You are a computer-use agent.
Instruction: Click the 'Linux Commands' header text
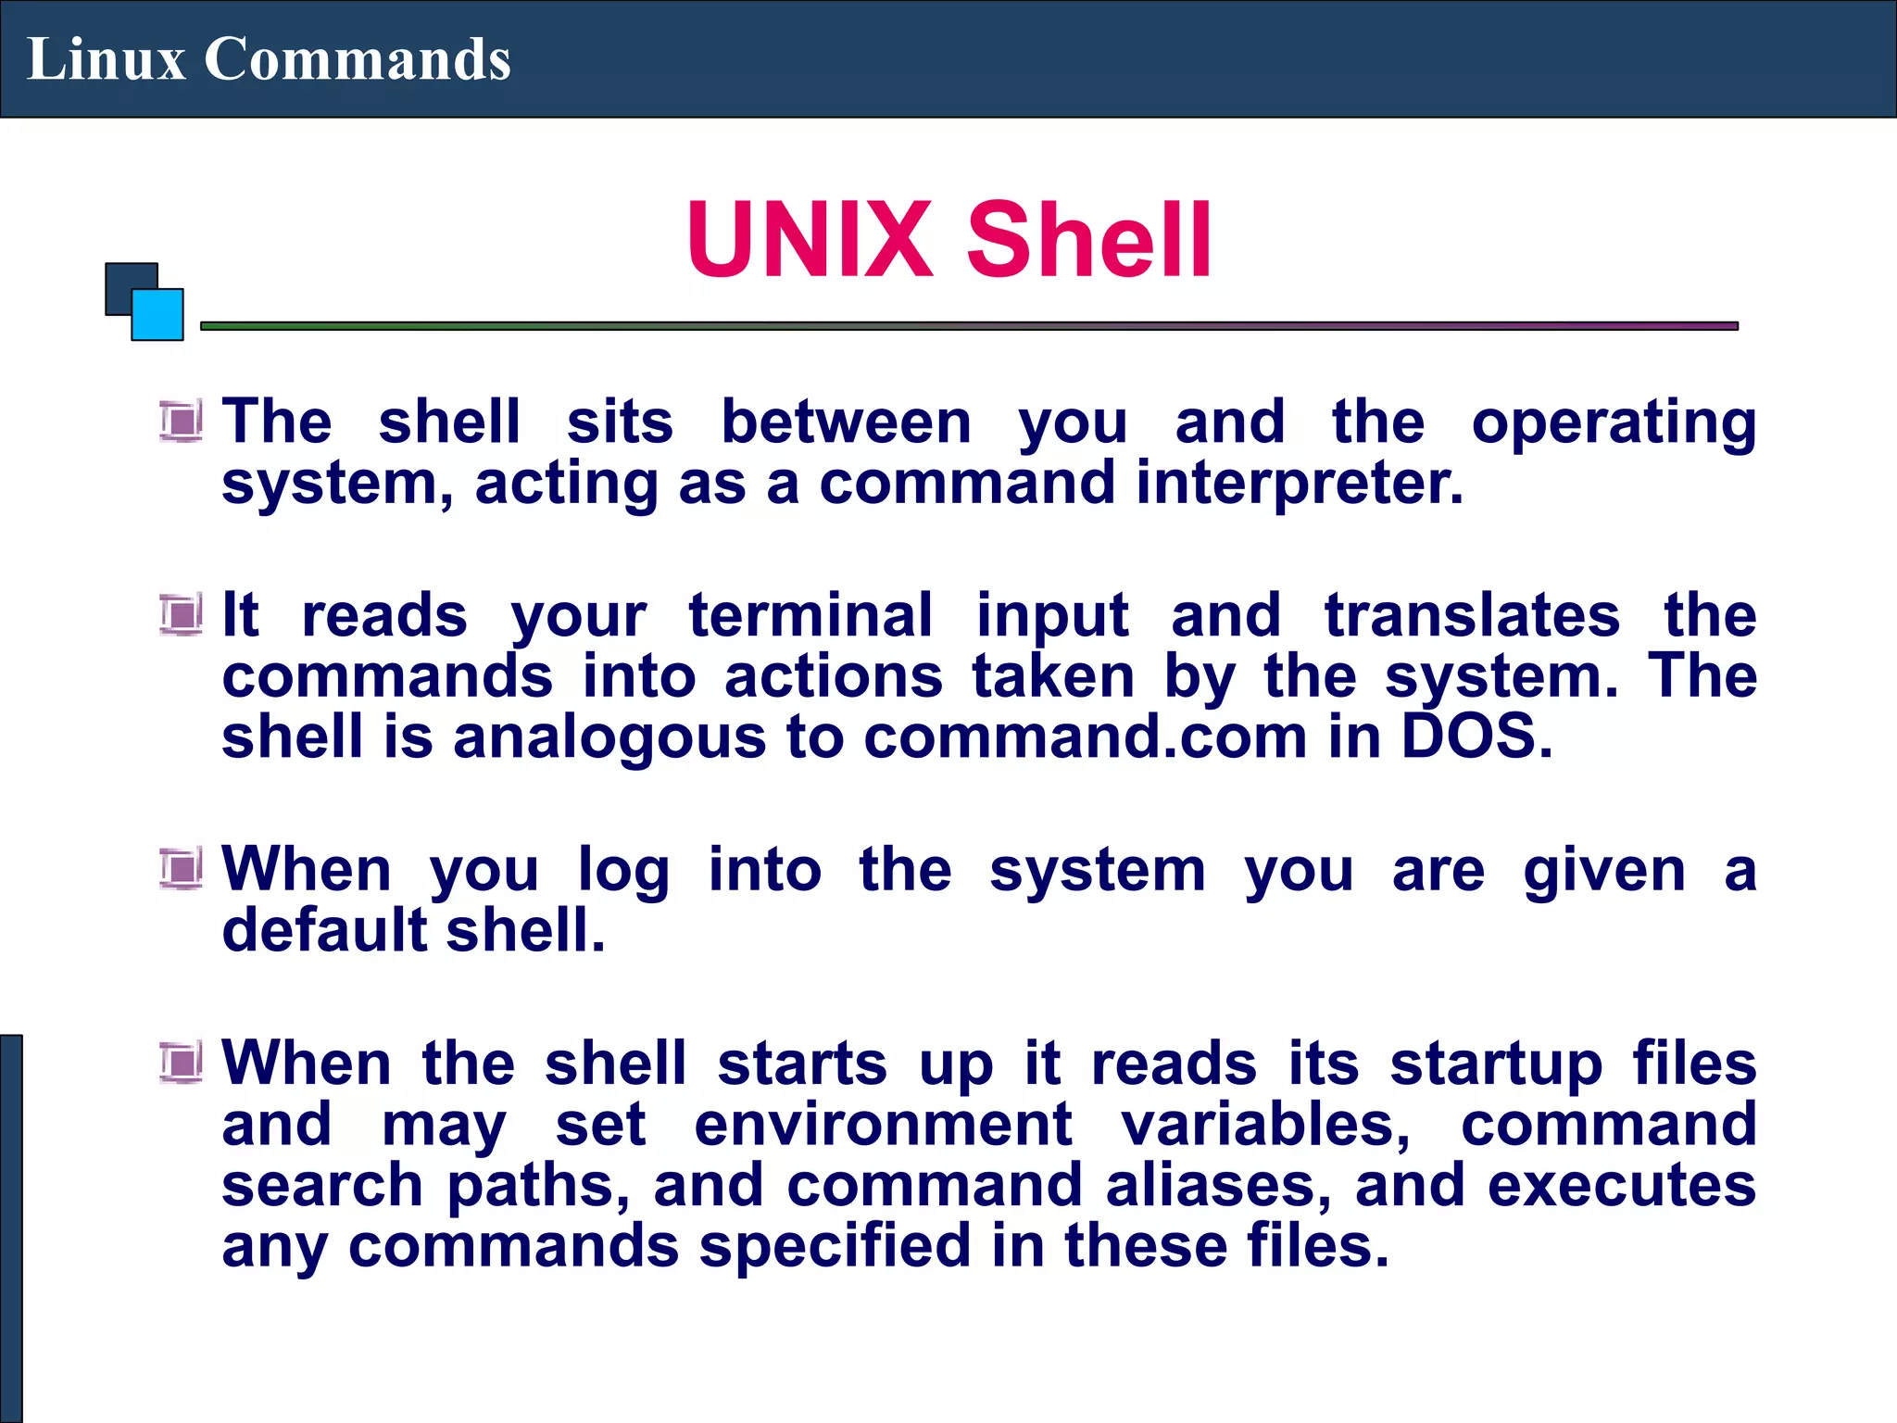pos(269,59)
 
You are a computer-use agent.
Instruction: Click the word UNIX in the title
pos(809,240)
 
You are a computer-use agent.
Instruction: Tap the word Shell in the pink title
pos(1089,240)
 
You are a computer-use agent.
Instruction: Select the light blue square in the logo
pos(158,315)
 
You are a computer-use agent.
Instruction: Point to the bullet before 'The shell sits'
pos(181,422)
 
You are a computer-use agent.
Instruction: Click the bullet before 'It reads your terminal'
pos(181,615)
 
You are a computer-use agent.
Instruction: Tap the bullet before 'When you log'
pos(181,869)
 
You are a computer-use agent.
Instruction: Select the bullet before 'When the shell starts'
pos(181,1063)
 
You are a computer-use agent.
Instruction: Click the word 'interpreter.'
pos(1300,484)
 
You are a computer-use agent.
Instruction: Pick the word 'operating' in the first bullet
pos(1614,422)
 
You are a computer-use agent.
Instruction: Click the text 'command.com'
pos(1085,737)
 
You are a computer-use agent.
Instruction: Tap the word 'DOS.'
pos(1476,737)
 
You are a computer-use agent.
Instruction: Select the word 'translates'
pos(1472,616)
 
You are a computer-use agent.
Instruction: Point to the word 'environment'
pos(883,1125)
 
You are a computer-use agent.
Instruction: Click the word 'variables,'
pos(1266,1125)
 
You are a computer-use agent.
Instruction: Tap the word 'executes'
pos(1621,1186)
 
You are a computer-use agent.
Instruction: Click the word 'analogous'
pos(609,739)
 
